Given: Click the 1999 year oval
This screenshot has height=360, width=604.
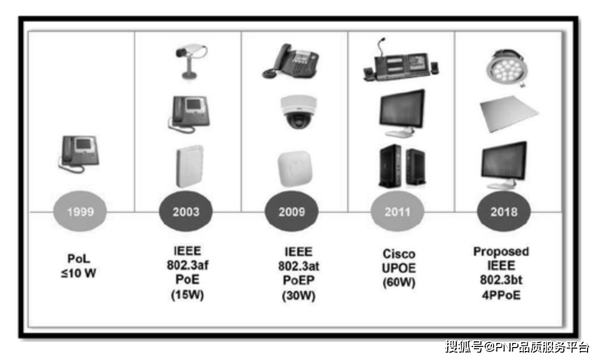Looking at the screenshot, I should click(80, 212).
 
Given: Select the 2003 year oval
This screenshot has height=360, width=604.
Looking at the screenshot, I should click(186, 212).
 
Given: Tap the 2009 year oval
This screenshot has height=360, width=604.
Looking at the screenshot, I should click(292, 212).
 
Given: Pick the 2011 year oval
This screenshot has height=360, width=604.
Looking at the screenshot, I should click(397, 212).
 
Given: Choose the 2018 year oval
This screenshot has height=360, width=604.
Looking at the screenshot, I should click(504, 212).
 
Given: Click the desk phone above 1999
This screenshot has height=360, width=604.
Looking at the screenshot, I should click(79, 152).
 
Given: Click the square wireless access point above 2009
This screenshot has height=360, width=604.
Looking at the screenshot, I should click(294, 168).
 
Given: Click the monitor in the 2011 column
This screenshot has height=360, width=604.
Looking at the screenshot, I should click(401, 112).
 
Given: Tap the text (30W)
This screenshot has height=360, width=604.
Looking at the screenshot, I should click(298, 295).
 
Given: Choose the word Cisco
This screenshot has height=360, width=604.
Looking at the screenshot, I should click(399, 253).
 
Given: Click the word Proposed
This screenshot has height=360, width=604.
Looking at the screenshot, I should click(502, 251).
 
